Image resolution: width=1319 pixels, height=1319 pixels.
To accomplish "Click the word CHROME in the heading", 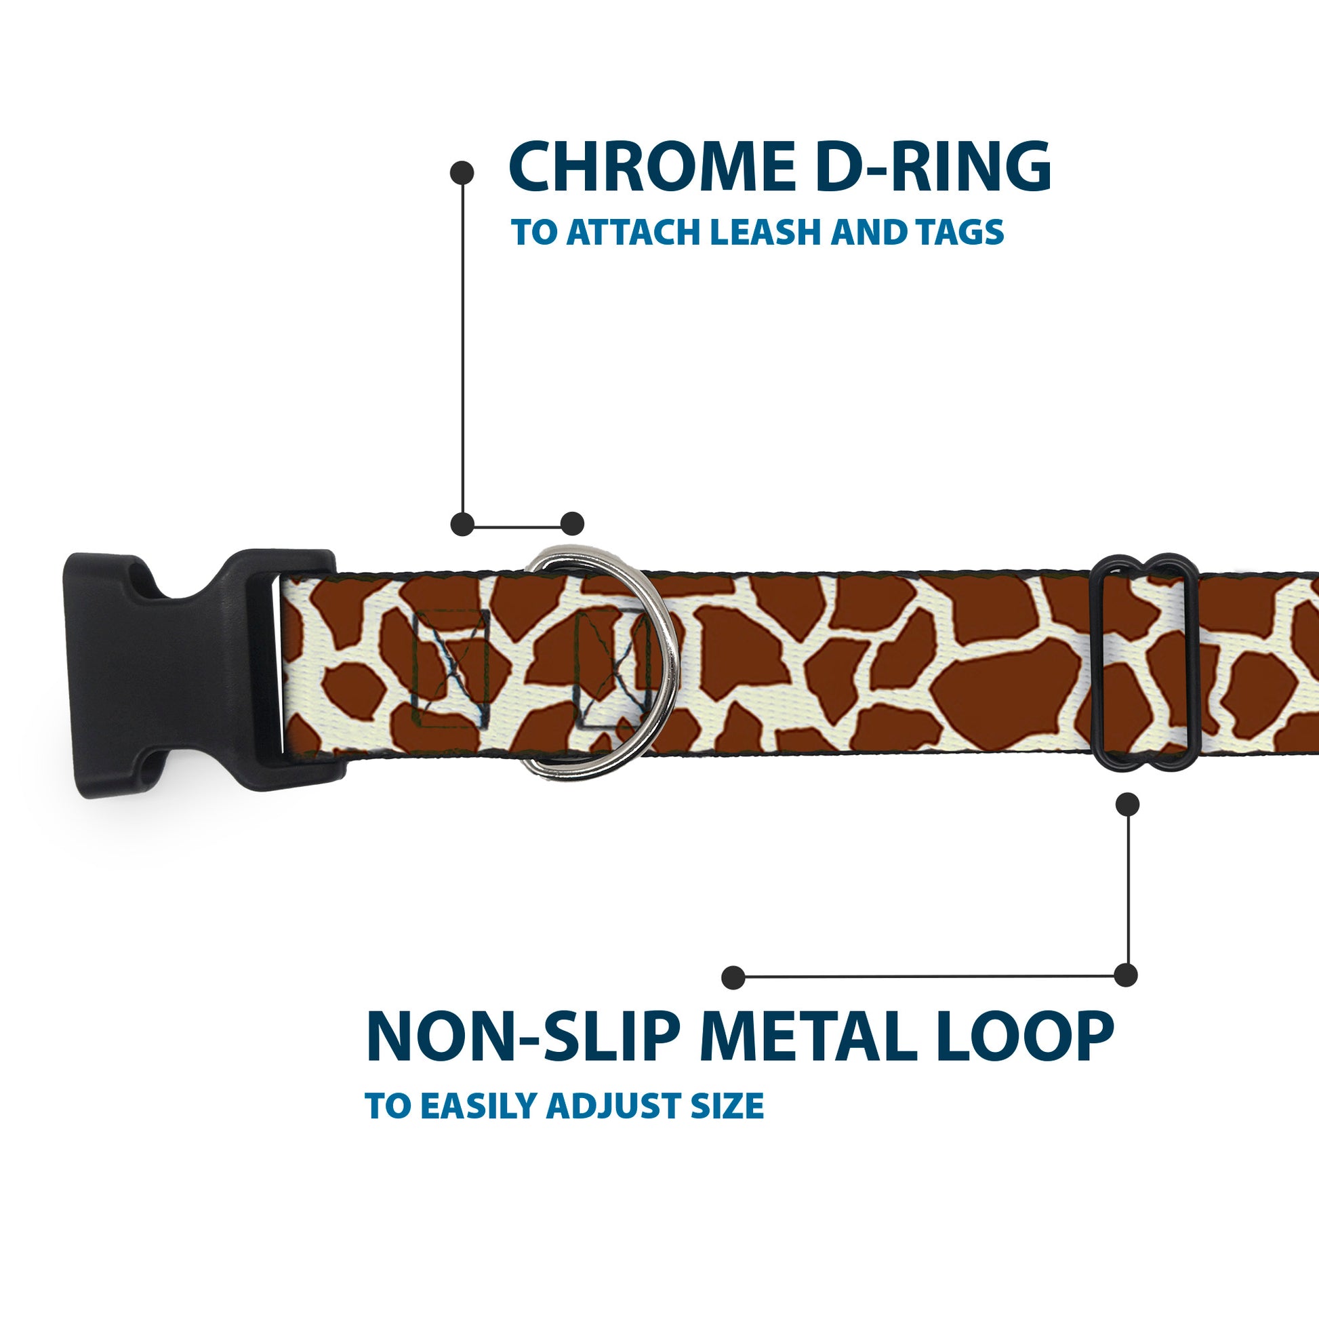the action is click(652, 167).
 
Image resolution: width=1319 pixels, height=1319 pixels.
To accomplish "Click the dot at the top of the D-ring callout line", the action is click(463, 172).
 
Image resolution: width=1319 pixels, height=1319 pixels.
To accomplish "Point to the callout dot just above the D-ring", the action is click(572, 524).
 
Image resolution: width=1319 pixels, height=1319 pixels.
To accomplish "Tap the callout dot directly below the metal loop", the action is click(1127, 805).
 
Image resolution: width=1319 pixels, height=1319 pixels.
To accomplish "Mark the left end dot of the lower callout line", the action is click(733, 977).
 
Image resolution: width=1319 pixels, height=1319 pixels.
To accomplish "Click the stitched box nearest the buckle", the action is click(451, 669).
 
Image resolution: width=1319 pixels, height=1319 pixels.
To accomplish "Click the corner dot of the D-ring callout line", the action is click(463, 524).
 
